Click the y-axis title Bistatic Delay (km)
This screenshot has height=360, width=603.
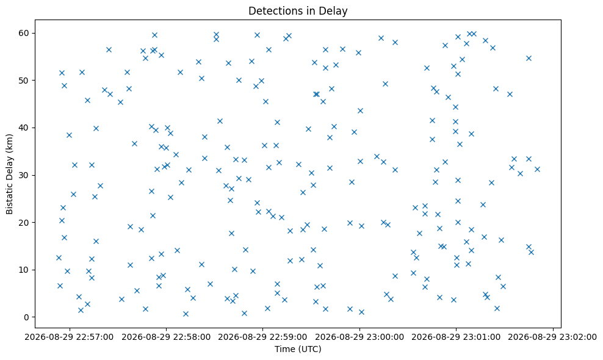point(10,174)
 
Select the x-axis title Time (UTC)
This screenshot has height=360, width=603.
point(298,349)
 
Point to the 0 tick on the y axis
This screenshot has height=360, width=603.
point(27,317)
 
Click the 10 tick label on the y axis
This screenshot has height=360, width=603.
point(24,270)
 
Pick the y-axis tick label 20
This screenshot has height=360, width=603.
point(24,223)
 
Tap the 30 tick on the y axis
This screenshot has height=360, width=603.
point(24,175)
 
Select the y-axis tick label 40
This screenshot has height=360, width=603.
point(24,128)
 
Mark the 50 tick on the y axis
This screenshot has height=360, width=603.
point(24,81)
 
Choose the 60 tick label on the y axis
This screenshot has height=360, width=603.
point(24,33)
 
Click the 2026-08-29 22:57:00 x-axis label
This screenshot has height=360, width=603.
point(70,337)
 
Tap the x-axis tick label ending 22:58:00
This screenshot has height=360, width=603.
point(166,337)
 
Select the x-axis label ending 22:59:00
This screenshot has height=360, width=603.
point(262,337)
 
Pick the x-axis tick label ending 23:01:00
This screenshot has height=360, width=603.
point(456,337)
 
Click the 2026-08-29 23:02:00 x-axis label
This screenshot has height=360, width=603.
point(552,337)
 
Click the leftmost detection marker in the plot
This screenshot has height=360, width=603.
point(59,257)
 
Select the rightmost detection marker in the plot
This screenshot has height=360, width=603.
point(537,169)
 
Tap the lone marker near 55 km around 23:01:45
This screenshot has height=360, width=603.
point(529,58)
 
